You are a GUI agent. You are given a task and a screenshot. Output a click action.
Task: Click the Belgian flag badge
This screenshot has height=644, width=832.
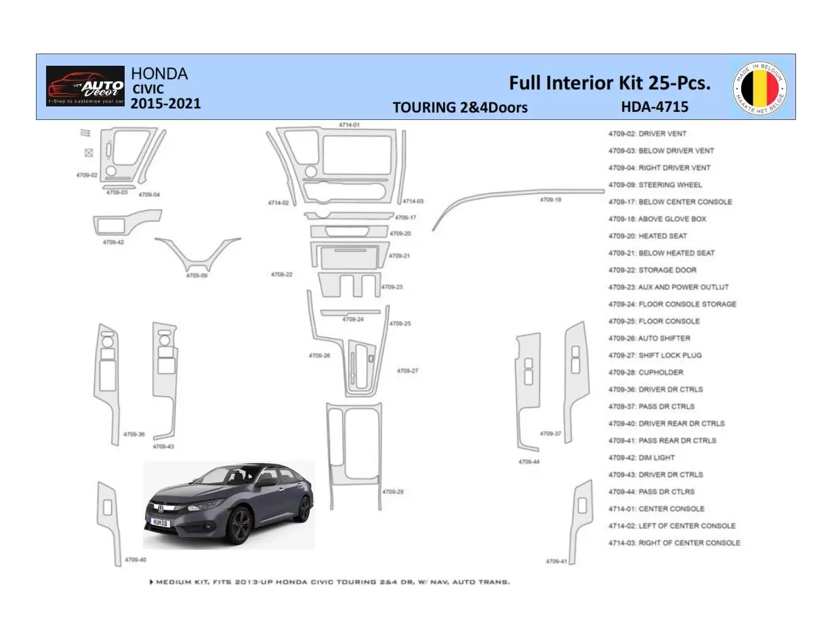(760, 87)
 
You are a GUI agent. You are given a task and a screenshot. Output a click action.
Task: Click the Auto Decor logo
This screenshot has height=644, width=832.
(85, 86)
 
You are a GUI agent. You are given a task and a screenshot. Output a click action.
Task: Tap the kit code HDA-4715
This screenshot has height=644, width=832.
(654, 106)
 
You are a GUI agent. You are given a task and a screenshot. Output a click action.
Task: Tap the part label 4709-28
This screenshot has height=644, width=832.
(393, 491)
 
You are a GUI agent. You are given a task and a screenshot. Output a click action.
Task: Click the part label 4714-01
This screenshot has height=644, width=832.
(349, 125)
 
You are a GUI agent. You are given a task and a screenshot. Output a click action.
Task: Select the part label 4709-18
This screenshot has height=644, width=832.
(550, 200)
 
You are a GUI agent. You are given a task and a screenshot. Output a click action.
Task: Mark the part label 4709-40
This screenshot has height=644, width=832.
(135, 560)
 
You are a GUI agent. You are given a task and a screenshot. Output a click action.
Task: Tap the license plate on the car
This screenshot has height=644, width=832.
(159, 523)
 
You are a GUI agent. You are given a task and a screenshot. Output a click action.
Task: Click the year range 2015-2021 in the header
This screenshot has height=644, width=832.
(165, 104)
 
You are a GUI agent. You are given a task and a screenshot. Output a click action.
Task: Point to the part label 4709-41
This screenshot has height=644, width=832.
(556, 561)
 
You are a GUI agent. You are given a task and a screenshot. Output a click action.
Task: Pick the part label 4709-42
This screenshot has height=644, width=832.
(113, 242)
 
